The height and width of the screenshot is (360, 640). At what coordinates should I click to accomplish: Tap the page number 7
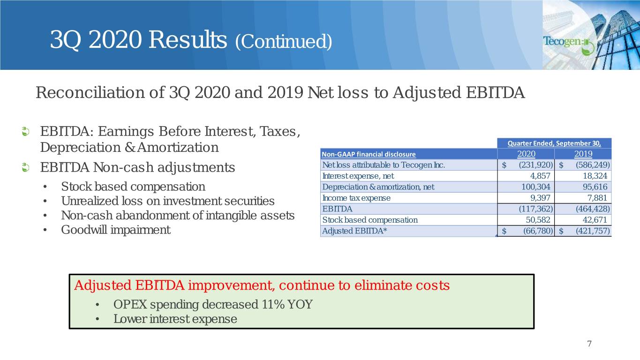click(x=589, y=344)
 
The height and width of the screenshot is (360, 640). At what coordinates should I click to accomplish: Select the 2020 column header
click(x=526, y=154)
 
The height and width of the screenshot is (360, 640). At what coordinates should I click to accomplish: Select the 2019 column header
click(x=583, y=154)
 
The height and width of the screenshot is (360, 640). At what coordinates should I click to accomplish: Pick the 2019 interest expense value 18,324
click(x=595, y=176)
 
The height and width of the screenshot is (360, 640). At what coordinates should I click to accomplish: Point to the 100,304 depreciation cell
click(x=536, y=187)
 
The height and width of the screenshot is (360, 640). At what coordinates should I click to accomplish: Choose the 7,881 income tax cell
click(x=597, y=198)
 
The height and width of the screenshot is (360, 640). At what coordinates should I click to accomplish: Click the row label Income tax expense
click(x=356, y=198)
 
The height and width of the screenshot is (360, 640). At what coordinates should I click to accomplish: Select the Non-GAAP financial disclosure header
click(x=369, y=154)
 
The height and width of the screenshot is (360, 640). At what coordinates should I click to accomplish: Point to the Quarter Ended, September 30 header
click(x=554, y=143)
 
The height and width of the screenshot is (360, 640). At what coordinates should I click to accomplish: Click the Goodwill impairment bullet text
click(x=116, y=230)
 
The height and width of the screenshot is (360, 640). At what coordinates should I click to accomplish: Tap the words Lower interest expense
click(x=175, y=319)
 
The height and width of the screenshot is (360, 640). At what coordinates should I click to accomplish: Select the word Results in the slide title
click(x=188, y=39)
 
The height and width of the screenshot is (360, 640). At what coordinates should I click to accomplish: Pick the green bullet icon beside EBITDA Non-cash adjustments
click(x=25, y=167)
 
